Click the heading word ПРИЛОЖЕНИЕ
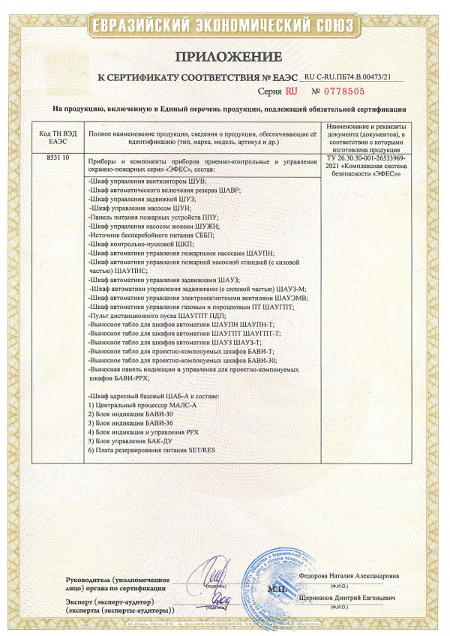pyautogui.click(x=229, y=57)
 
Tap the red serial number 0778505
pyautogui.click(x=343, y=91)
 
